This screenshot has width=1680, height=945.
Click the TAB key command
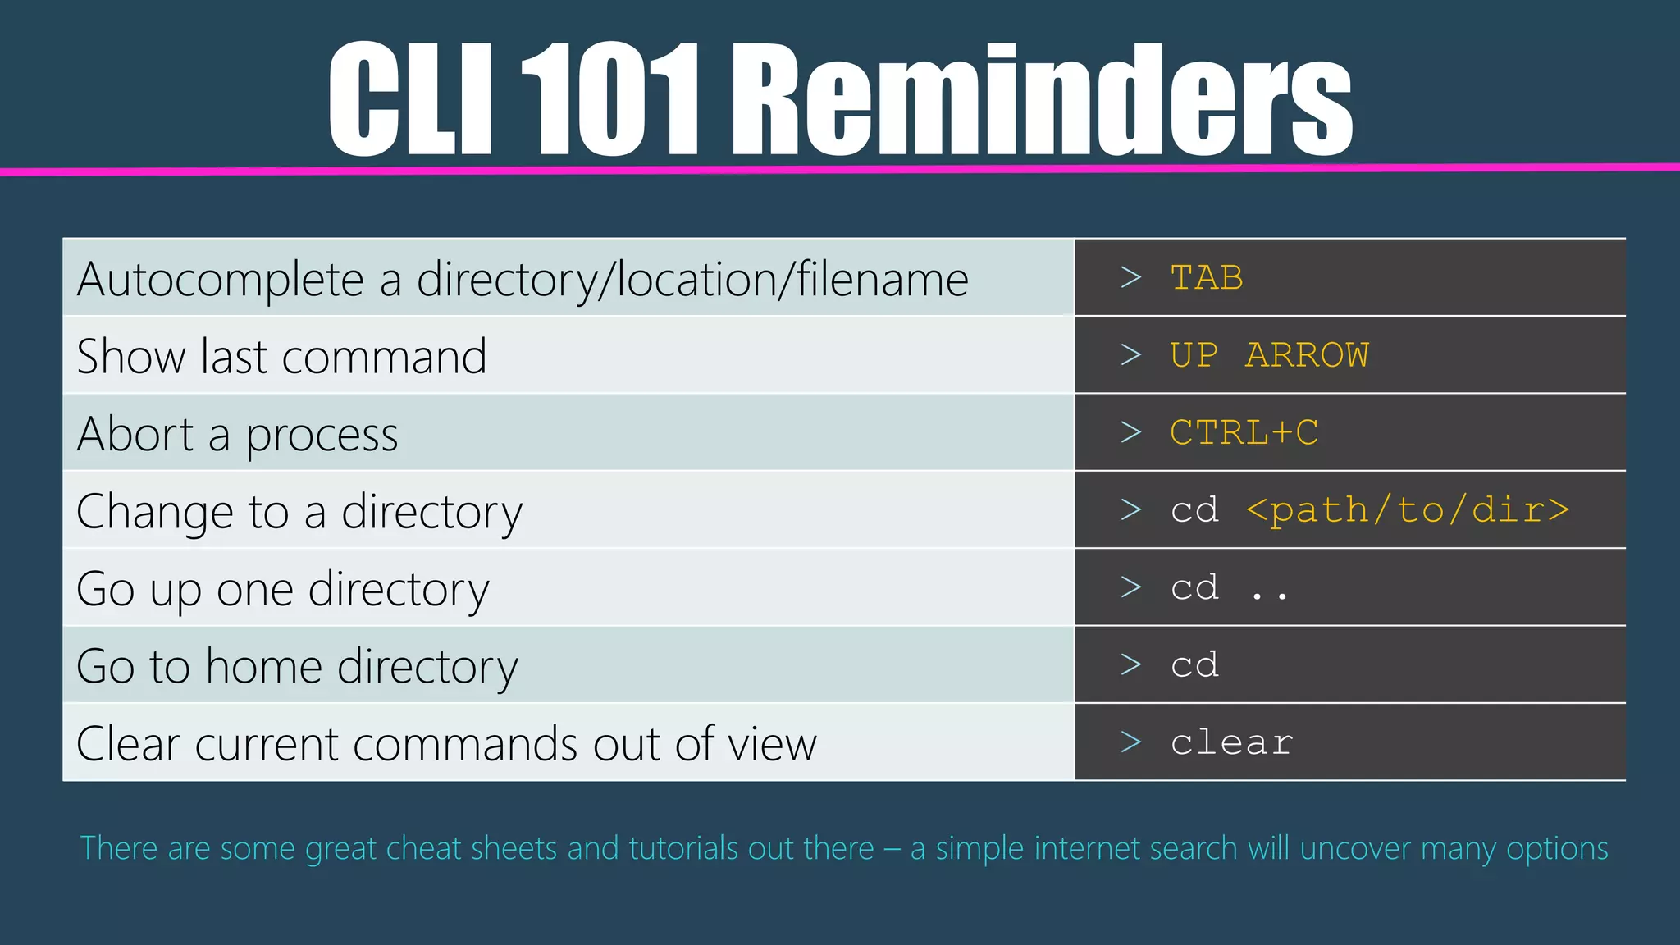[x=1206, y=278]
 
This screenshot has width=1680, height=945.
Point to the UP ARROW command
[x=1268, y=355]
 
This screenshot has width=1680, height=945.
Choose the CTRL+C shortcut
[x=1244, y=432]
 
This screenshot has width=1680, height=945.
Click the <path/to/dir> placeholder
[x=1407, y=510]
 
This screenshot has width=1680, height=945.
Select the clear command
[x=1230, y=743]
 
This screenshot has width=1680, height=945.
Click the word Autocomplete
[x=220, y=280]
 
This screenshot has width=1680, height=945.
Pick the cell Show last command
[x=281, y=357]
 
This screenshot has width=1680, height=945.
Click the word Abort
[x=135, y=434]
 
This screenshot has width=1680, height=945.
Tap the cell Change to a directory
[x=299, y=512]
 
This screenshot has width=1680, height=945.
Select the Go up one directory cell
[x=282, y=589]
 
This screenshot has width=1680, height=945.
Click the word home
[x=263, y=665]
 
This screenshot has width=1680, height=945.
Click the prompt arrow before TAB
[x=1131, y=278]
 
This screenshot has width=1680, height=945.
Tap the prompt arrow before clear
[x=1131, y=742]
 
